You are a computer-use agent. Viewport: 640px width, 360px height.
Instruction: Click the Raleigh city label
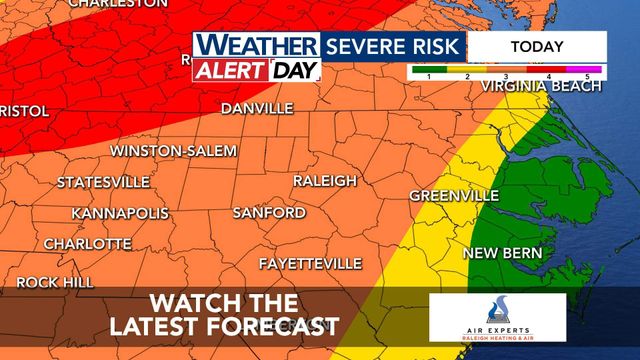pyautogui.click(x=324, y=181)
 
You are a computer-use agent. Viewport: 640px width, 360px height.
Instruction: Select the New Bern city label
pyautogui.click(x=502, y=253)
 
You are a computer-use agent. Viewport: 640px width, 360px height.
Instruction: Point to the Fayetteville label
pyautogui.click(x=310, y=263)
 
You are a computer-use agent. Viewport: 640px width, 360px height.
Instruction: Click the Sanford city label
pyautogui.click(x=269, y=213)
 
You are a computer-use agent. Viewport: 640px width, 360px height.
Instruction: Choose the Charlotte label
pyautogui.click(x=87, y=244)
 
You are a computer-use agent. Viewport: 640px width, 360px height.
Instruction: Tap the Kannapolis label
pyautogui.click(x=118, y=214)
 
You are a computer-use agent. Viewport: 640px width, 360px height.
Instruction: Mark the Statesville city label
pyautogui.click(x=103, y=182)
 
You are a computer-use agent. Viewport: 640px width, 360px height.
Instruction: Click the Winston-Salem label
pyautogui.click(x=173, y=151)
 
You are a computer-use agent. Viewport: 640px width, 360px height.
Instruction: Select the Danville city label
pyautogui.click(x=257, y=107)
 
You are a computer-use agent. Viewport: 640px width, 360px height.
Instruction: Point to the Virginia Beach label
pyautogui.click(x=542, y=87)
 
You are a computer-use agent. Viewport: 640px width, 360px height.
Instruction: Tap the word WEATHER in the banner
pyautogui.click(x=256, y=46)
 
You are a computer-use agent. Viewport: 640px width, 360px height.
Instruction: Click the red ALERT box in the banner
pyautogui.click(x=230, y=70)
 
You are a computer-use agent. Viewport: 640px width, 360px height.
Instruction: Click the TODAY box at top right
pyautogui.click(x=537, y=46)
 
